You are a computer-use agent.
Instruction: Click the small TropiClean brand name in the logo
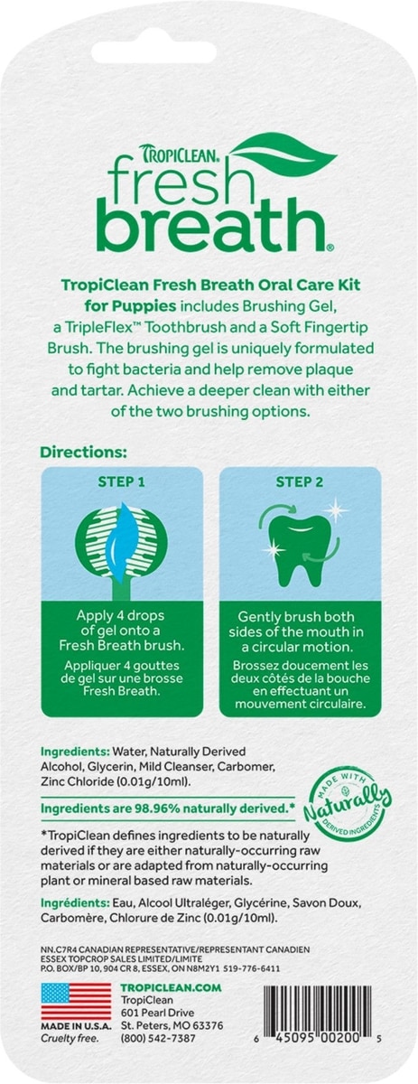click(181, 153)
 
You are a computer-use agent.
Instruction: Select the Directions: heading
click(83, 453)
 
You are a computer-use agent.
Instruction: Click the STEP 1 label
click(122, 482)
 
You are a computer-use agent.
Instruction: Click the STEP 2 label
click(300, 482)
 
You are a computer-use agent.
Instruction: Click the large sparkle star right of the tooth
click(336, 510)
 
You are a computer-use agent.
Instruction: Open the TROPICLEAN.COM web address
click(171, 987)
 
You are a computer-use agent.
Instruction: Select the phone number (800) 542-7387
click(158, 1039)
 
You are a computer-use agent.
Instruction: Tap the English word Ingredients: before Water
click(75, 752)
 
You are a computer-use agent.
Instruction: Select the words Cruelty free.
click(70, 1038)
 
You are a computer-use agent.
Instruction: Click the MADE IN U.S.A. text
click(76, 1026)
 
